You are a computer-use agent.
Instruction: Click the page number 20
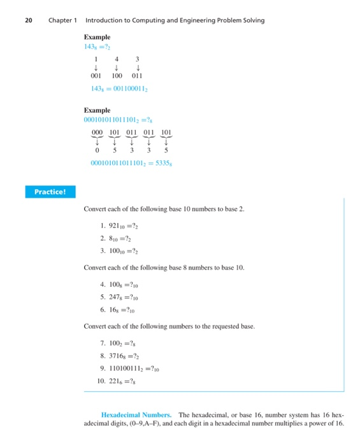[x=28, y=20]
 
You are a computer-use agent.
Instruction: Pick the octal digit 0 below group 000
[x=97, y=151]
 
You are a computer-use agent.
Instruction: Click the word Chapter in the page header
[x=62, y=20]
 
